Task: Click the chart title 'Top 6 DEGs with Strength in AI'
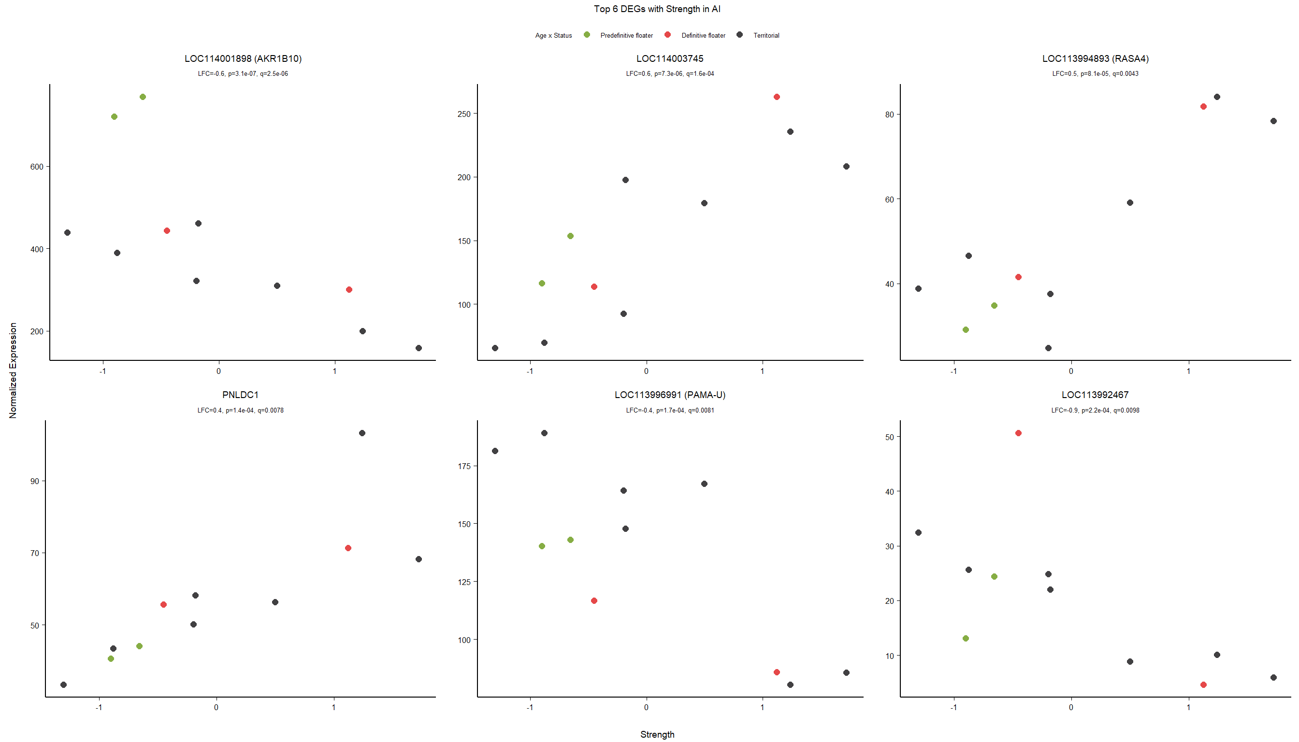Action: (x=657, y=9)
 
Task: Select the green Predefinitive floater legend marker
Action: (x=587, y=35)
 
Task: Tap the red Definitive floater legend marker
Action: (x=667, y=35)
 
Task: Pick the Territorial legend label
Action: (x=766, y=36)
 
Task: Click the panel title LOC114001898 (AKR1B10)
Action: (x=243, y=58)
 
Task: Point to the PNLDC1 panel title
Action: (x=240, y=395)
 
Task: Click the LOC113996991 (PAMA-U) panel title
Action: (x=669, y=395)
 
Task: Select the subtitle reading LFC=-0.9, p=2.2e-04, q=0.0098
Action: (x=1095, y=410)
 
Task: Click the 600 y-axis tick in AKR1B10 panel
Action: (x=37, y=167)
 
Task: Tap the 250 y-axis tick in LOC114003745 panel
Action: (x=464, y=114)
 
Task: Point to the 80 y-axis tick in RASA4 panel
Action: (x=889, y=114)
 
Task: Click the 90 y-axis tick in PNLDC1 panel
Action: (x=35, y=481)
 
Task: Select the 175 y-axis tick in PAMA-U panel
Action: (x=464, y=466)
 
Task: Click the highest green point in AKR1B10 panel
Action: (x=143, y=97)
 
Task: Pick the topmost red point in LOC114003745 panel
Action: (x=777, y=97)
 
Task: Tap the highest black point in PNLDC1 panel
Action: (x=362, y=433)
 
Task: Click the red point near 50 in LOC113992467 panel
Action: (x=1018, y=433)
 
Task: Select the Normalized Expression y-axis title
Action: (x=13, y=371)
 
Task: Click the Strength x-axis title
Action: (x=657, y=734)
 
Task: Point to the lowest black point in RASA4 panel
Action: (x=1048, y=348)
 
